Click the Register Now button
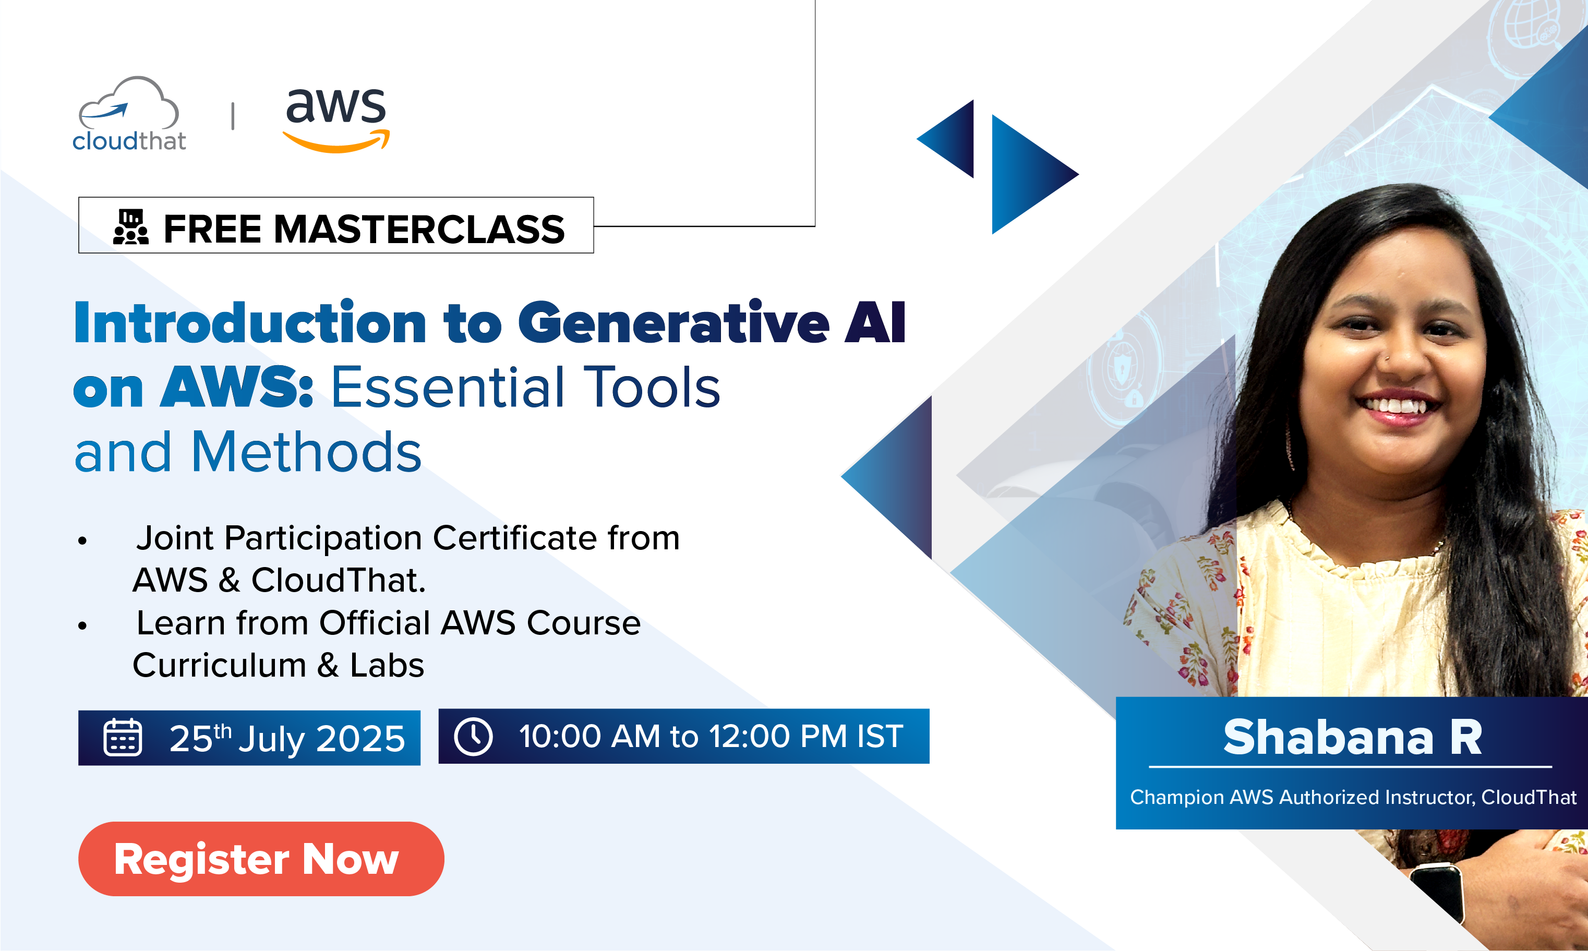[x=261, y=859]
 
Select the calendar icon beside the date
[x=123, y=738]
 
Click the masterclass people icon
[x=131, y=227]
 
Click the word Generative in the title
[x=673, y=323]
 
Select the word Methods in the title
[x=306, y=452]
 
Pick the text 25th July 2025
[x=287, y=738]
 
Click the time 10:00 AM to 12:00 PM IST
[x=711, y=736]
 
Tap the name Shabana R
[x=1353, y=737]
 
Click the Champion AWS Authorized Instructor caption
[x=1353, y=797]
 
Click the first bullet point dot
[x=82, y=541]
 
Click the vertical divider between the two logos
[x=233, y=116]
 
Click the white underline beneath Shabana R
[x=1350, y=766]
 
